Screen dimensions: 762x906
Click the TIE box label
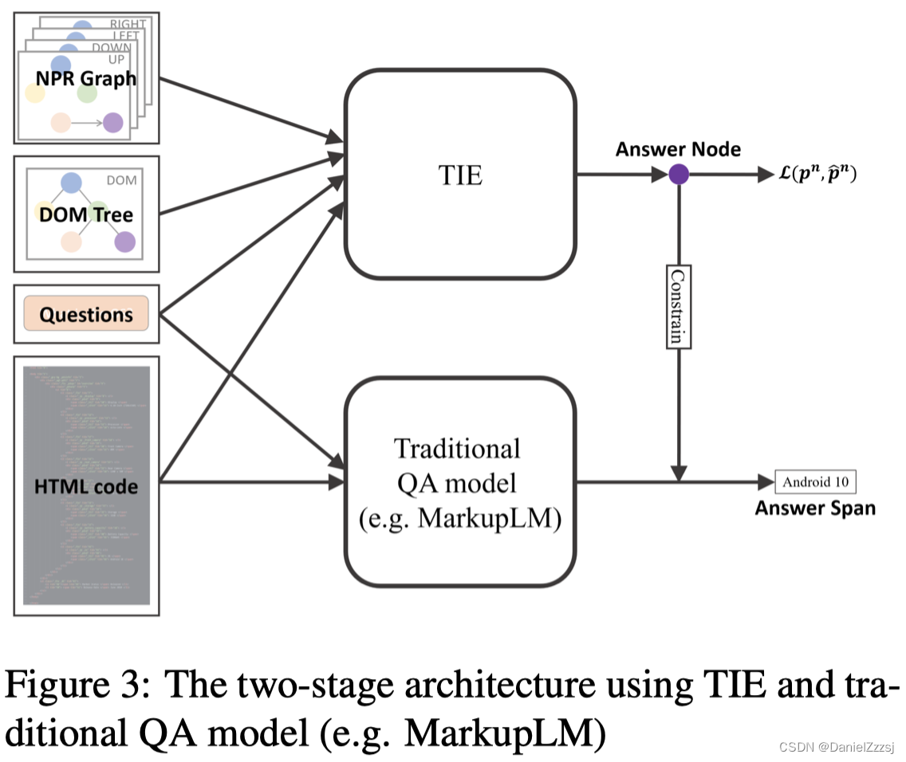pyautogui.click(x=461, y=175)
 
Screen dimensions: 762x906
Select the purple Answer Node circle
pyautogui.click(x=678, y=175)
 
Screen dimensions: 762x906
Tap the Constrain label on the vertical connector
pyautogui.click(x=678, y=306)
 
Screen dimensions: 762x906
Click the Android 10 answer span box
pyautogui.click(x=814, y=481)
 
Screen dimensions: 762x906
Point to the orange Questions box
pyautogui.click(x=86, y=314)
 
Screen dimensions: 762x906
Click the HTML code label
pyautogui.click(x=86, y=485)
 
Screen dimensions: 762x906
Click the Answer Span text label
pyautogui.click(x=814, y=509)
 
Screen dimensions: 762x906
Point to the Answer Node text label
pyautogui.click(x=678, y=149)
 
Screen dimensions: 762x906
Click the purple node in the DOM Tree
pyautogui.click(x=124, y=242)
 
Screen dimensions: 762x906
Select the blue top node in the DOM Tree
pyautogui.click(x=71, y=183)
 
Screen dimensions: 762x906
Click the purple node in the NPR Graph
pyautogui.click(x=113, y=123)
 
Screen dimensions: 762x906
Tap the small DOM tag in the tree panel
pyautogui.click(x=121, y=180)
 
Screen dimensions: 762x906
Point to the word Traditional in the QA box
pyautogui.click(x=457, y=448)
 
